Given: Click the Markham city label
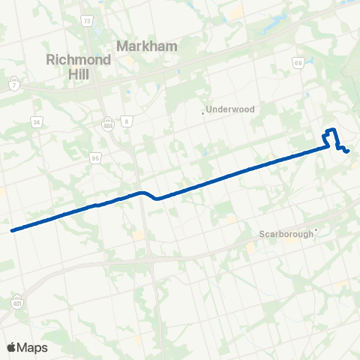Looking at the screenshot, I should (147, 46).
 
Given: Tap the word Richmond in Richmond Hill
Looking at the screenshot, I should (77, 60).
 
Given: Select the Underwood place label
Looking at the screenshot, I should (232, 109).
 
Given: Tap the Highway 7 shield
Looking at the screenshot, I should (14, 82).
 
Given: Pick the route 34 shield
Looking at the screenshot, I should (37, 121).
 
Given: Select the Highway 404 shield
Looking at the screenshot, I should (109, 121).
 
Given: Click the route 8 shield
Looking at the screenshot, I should (127, 121).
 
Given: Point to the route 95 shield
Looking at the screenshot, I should (95, 157).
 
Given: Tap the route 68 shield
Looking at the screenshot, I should (298, 62).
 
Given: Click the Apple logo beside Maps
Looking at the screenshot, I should (11, 347).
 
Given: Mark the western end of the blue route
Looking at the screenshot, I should (13, 230).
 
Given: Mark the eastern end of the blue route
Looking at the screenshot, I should (349, 153).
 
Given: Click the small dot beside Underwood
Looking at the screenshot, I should (203, 113).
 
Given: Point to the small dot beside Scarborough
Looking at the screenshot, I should (317, 230).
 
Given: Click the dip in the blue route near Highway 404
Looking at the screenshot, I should (156, 199).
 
